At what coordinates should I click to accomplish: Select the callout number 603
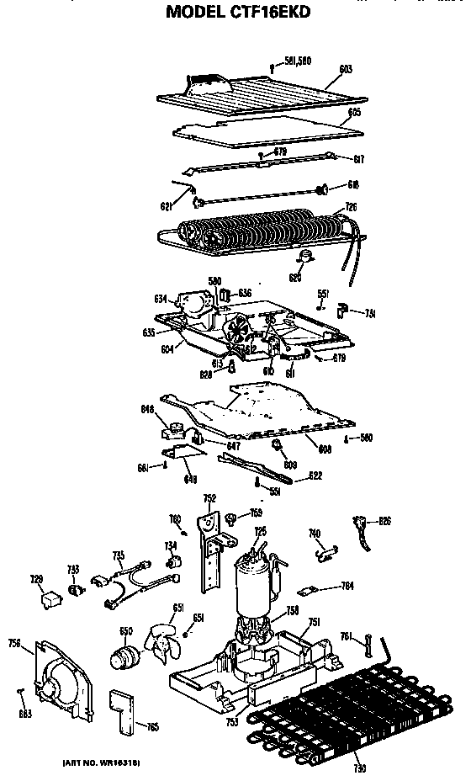coord(346,68)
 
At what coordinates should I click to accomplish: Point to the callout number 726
coord(352,208)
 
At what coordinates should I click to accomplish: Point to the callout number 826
coord(384,521)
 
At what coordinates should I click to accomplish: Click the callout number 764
coord(346,586)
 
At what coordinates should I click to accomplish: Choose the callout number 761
coord(346,636)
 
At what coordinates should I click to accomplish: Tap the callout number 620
coord(295,277)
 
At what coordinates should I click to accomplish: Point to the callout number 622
coord(315,476)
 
